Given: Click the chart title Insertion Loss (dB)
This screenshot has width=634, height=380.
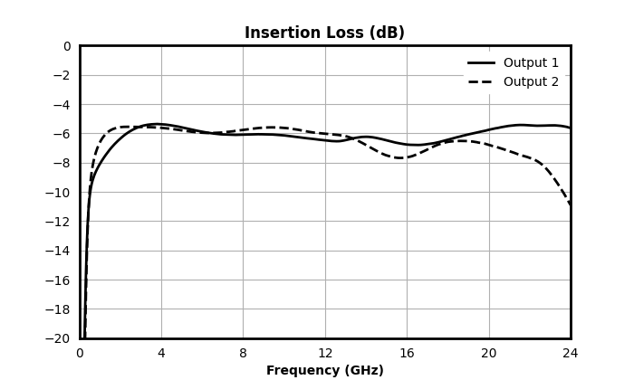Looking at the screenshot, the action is (x=324, y=33).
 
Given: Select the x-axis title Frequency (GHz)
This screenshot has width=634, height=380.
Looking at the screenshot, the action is (x=324, y=370).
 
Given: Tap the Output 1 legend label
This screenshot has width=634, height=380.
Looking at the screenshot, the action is (x=531, y=62).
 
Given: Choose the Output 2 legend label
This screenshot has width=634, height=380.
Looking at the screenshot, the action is (x=531, y=81).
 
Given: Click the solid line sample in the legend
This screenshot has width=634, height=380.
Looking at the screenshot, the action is (x=481, y=63).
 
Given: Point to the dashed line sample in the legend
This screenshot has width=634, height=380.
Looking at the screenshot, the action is (x=481, y=82).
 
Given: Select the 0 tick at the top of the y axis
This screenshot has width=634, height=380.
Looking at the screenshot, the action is (x=67, y=46).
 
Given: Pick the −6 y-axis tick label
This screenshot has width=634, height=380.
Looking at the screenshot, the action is (x=62, y=134).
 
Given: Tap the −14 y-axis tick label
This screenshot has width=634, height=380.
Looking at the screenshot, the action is (x=58, y=251).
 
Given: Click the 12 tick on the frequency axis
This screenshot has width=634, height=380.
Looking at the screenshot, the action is (x=325, y=354).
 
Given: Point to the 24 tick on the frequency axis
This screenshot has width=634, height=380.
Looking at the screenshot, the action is (x=570, y=354).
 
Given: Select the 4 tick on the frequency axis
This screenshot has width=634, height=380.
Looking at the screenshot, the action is (x=161, y=354).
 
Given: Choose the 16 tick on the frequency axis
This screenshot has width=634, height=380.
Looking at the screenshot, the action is (x=407, y=354).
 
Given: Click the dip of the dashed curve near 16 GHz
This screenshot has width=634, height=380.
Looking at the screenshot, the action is (x=399, y=158).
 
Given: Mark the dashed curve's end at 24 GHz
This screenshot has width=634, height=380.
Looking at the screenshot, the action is (x=570, y=205).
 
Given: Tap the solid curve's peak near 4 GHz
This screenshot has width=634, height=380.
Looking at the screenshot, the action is (x=156, y=124).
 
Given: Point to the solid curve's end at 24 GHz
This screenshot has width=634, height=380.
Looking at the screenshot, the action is (x=570, y=128).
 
